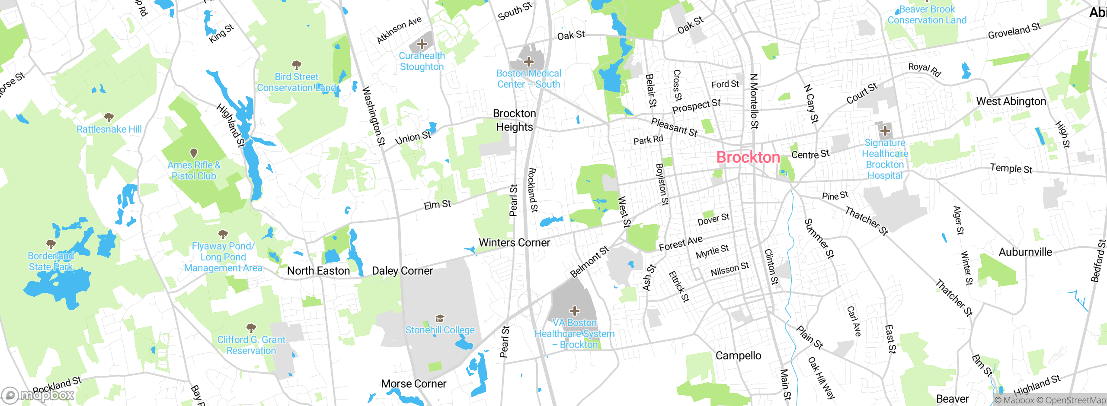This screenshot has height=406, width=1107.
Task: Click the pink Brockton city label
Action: pos(748,157)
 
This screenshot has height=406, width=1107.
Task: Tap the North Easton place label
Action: pos(318,271)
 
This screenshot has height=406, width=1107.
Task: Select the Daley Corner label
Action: pos(402,271)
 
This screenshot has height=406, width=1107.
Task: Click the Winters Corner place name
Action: pos(514,243)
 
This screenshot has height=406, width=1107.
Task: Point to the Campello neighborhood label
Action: pos(738,355)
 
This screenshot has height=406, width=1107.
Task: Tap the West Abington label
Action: pos(1011,101)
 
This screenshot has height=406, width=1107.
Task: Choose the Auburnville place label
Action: pos(1025,252)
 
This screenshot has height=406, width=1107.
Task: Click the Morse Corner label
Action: pos(413,384)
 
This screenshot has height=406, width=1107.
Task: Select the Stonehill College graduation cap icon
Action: pos(440,319)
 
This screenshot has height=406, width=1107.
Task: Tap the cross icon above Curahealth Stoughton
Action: pos(422,44)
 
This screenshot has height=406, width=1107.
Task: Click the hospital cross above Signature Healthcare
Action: pos(885,130)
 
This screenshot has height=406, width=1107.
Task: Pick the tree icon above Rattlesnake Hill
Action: pos(109,117)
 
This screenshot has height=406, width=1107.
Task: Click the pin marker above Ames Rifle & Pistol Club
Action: pos(194,153)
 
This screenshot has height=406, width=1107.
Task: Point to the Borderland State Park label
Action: pos(51,261)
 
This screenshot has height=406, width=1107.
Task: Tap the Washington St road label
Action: pos(373,116)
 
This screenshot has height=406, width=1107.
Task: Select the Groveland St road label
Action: pos(1014,30)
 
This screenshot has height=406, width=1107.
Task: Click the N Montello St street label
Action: pos(754,101)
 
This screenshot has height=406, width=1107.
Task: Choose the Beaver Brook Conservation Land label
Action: pos(927,15)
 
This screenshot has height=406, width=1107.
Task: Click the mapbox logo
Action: pos(38,395)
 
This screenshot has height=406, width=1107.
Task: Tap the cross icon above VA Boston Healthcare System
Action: pos(574,311)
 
